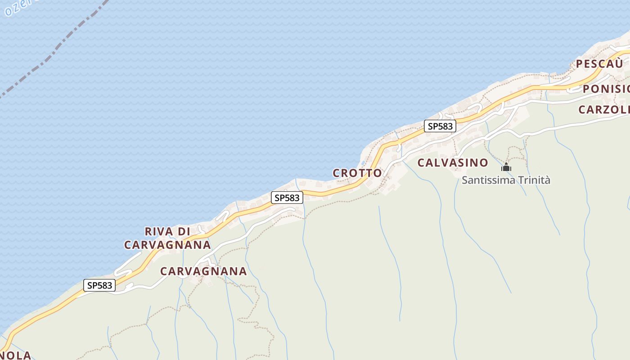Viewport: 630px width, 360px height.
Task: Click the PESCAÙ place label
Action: pyautogui.click(x=599, y=64)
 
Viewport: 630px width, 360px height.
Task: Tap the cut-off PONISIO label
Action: pyautogui.click(x=606, y=89)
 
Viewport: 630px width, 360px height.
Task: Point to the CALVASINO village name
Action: pyautogui.click(x=453, y=163)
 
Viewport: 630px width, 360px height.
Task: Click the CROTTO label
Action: pyautogui.click(x=357, y=173)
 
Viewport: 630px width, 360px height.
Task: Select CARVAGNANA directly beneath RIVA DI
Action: pyautogui.click(x=167, y=245)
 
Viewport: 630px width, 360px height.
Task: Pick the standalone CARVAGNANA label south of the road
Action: pyautogui.click(x=203, y=271)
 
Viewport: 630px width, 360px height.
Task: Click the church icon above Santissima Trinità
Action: pyautogui.click(x=506, y=167)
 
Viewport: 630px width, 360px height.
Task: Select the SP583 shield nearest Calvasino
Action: pyautogui.click(x=440, y=126)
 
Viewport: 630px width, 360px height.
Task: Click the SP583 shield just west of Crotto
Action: pyautogui.click(x=287, y=198)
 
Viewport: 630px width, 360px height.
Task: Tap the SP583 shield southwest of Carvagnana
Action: pyautogui.click(x=99, y=285)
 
